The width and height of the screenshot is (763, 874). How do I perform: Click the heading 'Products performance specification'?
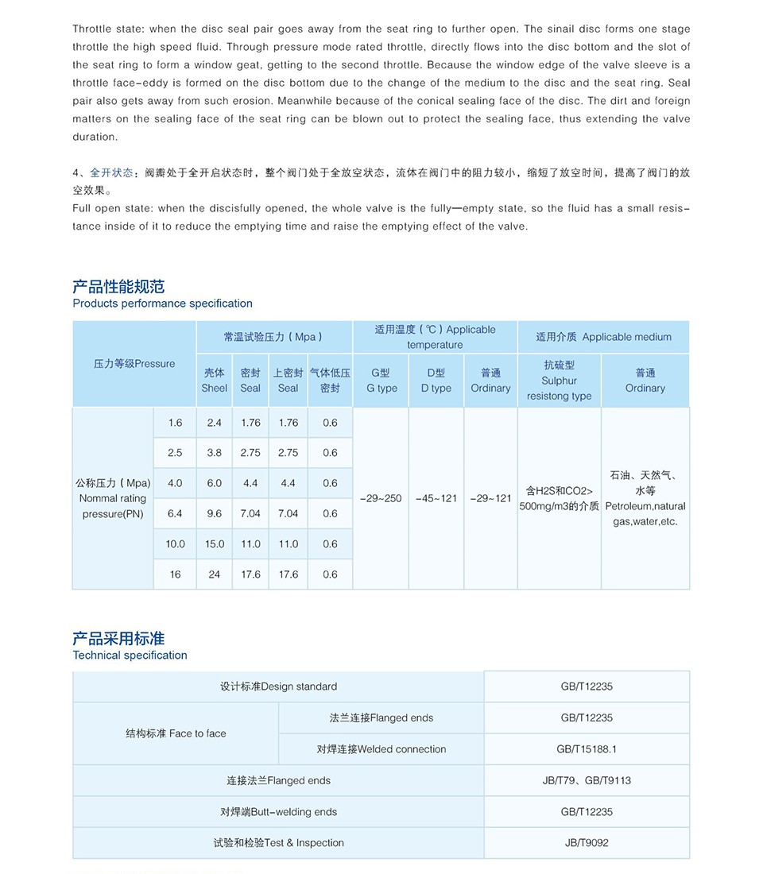[162, 304]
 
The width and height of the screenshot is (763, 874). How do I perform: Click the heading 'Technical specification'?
[130, 655]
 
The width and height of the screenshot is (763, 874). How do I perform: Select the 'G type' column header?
[381, 381]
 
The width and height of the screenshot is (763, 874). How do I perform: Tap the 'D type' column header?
[436, 381]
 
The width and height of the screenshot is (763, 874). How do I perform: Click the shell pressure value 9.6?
[214, 514]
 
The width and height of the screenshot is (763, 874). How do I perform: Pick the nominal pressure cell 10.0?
[175, 544]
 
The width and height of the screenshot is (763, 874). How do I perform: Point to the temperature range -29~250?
[381, 499]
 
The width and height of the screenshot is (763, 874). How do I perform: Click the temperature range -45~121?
[436, 499]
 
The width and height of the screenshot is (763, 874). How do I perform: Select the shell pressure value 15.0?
[214, 544]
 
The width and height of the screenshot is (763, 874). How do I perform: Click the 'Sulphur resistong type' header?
[559, 381]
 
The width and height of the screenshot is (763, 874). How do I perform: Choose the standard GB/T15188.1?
[587, 749]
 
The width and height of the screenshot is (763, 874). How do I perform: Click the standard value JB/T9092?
[587, 843]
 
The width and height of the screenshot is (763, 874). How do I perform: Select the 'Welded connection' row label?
[381, 749]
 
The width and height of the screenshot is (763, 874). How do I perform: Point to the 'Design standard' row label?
[278, 686]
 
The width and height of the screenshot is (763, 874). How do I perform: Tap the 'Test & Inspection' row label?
[278, 843]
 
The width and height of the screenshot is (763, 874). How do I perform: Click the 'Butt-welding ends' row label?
[278, 812]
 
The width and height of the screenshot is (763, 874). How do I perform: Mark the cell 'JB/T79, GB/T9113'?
[587, 781]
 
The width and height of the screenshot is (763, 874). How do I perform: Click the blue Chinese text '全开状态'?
[111, 172]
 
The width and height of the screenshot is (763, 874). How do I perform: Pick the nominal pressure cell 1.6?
[175, 423]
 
